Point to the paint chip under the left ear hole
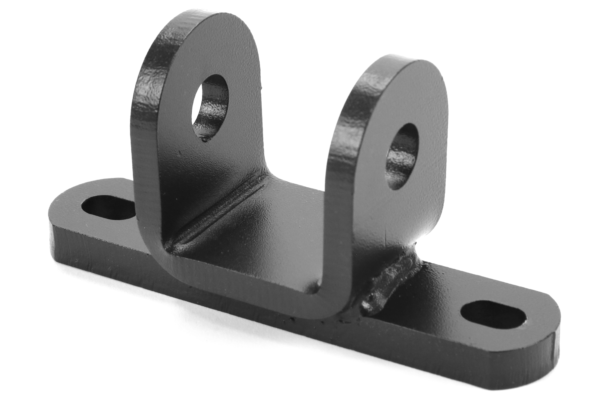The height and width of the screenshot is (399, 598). (206, 139)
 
